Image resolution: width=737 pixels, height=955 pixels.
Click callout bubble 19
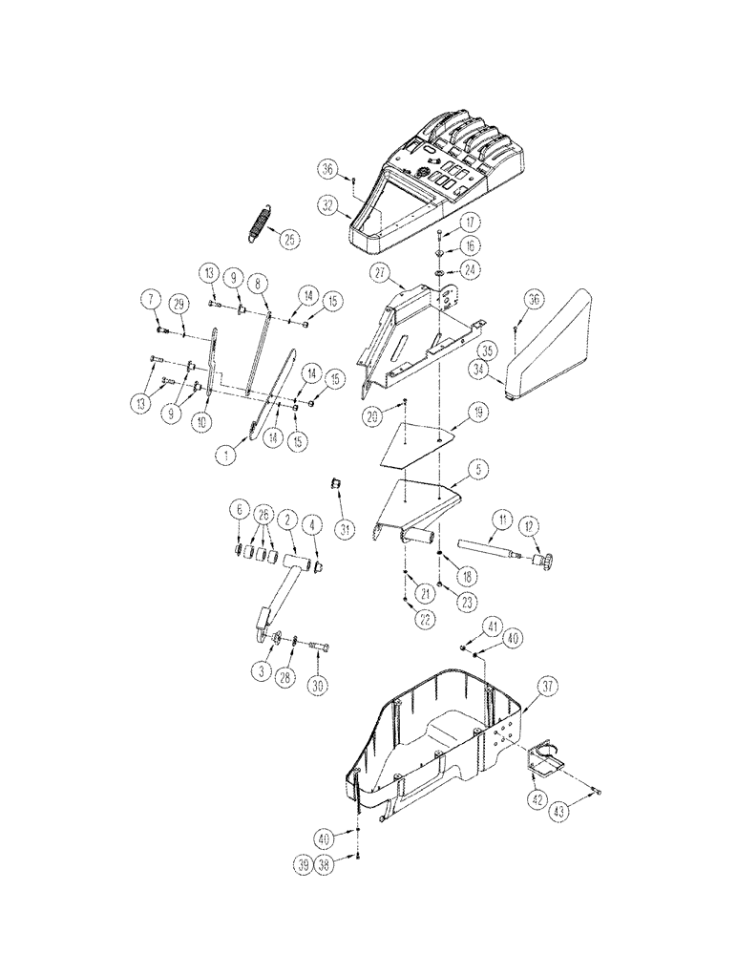point(478,412)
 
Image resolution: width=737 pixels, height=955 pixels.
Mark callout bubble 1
point(226,456)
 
